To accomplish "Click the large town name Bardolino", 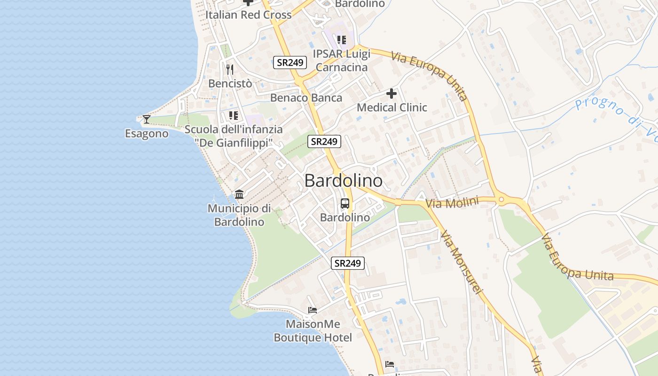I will tap(343, 180).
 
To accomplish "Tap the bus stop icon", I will tap(345, 204).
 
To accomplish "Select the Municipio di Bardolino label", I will tap(239, 215).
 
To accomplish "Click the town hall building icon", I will tap(239, 194).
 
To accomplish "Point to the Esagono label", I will tap(147, 133).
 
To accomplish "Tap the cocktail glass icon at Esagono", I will tap(147, 119).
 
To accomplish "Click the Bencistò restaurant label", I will tap(230, 84).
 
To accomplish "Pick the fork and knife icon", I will tap(230, 70).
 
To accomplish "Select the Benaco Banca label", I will tap(306, 98).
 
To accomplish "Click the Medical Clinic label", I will tap(392, 107).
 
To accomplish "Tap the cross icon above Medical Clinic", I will tap(392, 94).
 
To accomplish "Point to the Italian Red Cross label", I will tap(249, 15).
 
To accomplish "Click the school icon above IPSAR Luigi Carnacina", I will tap(342, 40).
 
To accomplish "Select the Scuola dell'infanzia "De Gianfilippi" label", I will tap(234, 136).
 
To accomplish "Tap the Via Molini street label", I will tap(452, 203).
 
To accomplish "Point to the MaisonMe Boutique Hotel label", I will tap(313, 331).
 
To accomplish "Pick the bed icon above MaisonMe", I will tap(313, 310).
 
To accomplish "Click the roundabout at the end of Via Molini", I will tap(501, 200).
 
